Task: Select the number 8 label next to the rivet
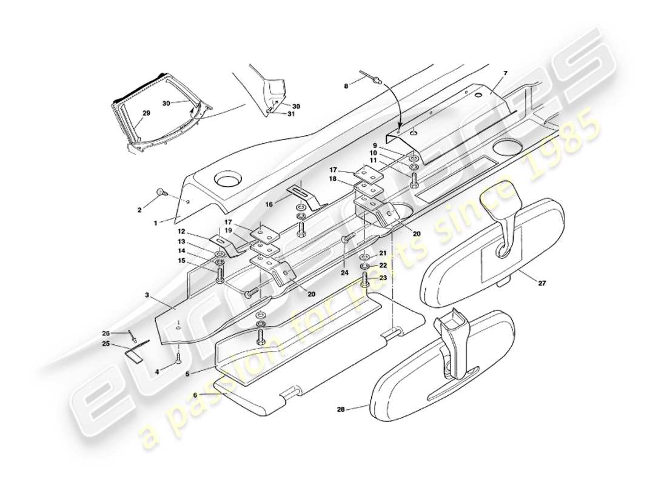pos(346,86)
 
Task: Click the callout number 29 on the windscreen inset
pos(146,113)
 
